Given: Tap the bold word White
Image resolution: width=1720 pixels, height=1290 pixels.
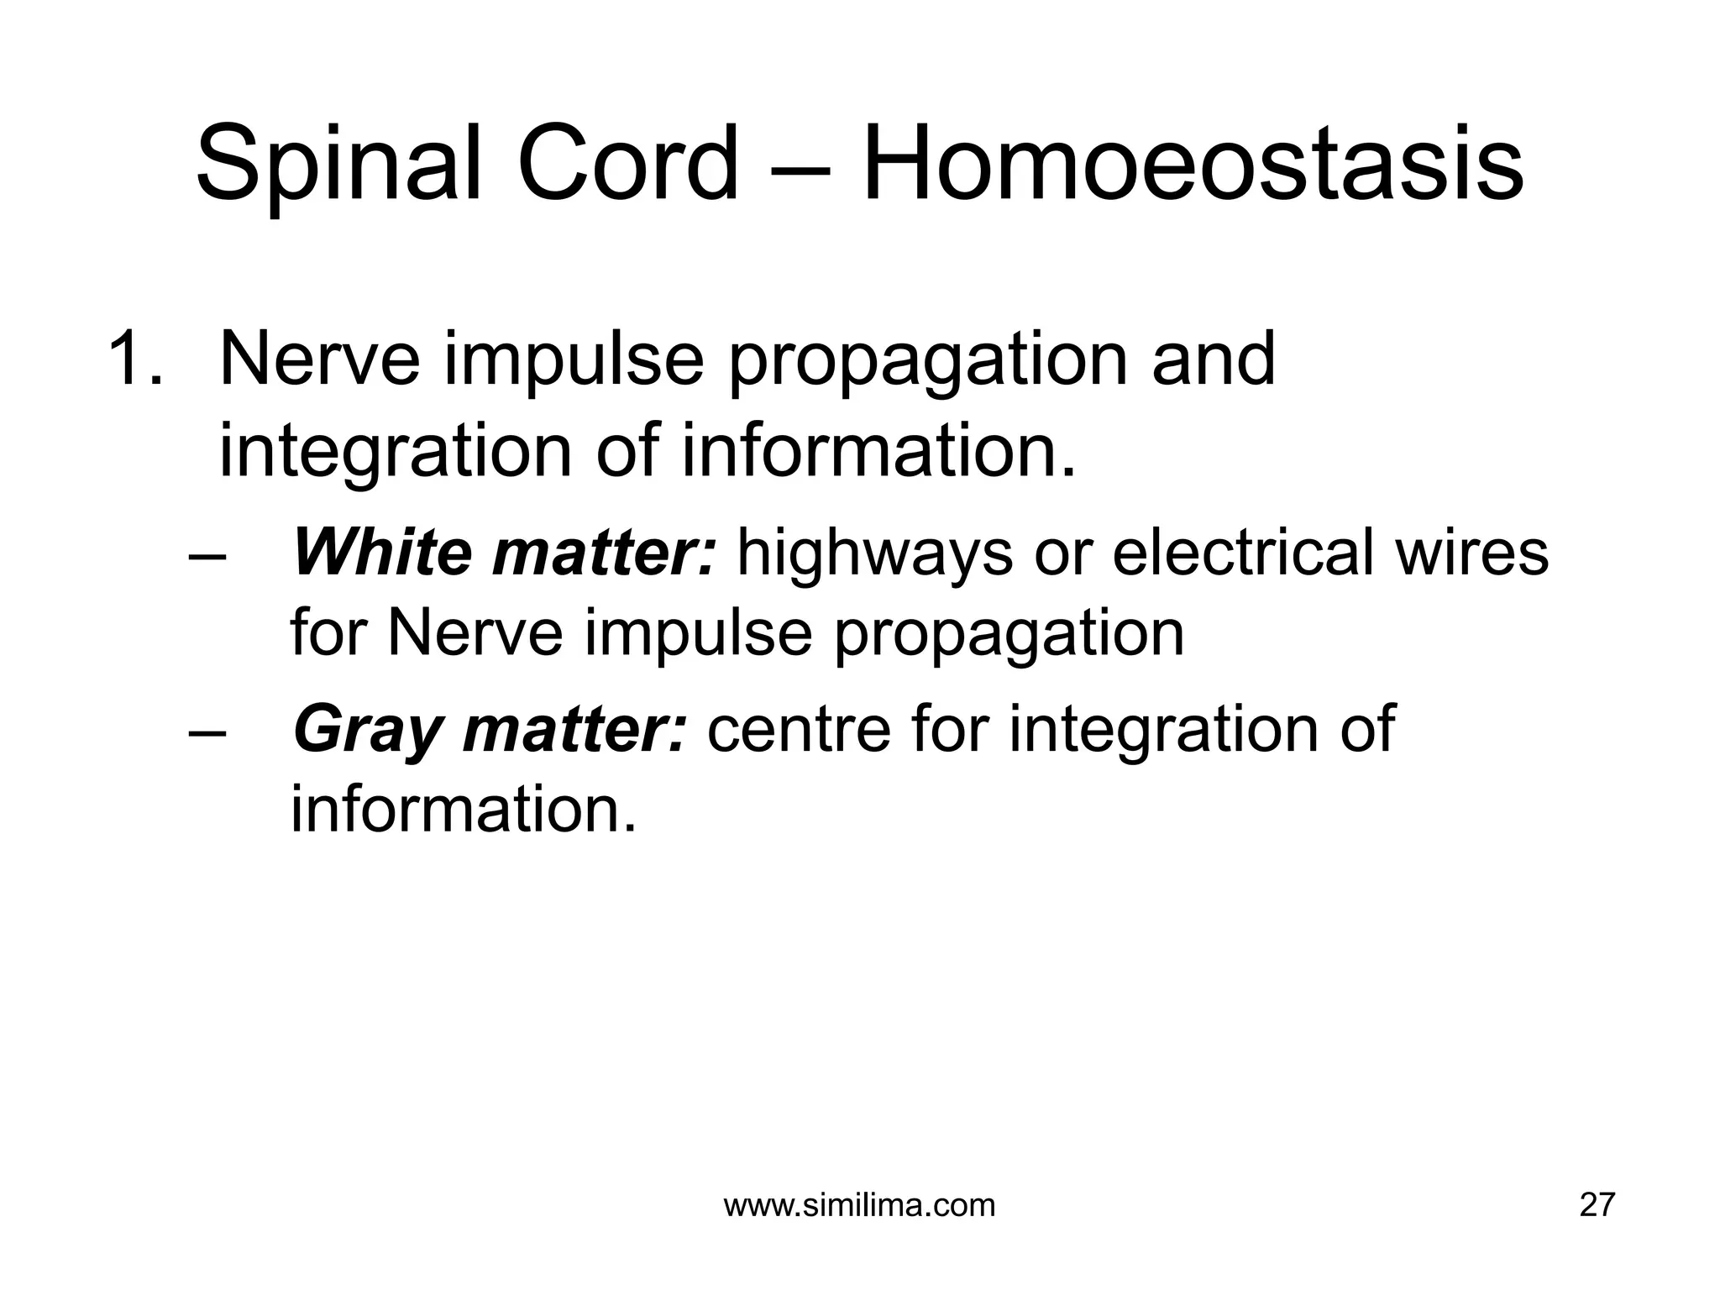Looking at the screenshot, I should click(382, 553).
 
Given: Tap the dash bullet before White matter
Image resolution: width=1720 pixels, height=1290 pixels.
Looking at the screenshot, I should click(207, 556).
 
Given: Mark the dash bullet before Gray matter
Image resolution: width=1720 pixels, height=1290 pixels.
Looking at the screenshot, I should click(207, 731).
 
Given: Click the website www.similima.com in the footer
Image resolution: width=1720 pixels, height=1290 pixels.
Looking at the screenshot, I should click(859, 1206).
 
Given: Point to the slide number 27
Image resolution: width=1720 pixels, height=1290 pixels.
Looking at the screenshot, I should click(1597, 1206).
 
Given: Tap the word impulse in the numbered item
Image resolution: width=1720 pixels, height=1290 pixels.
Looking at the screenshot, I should click(573, 359).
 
